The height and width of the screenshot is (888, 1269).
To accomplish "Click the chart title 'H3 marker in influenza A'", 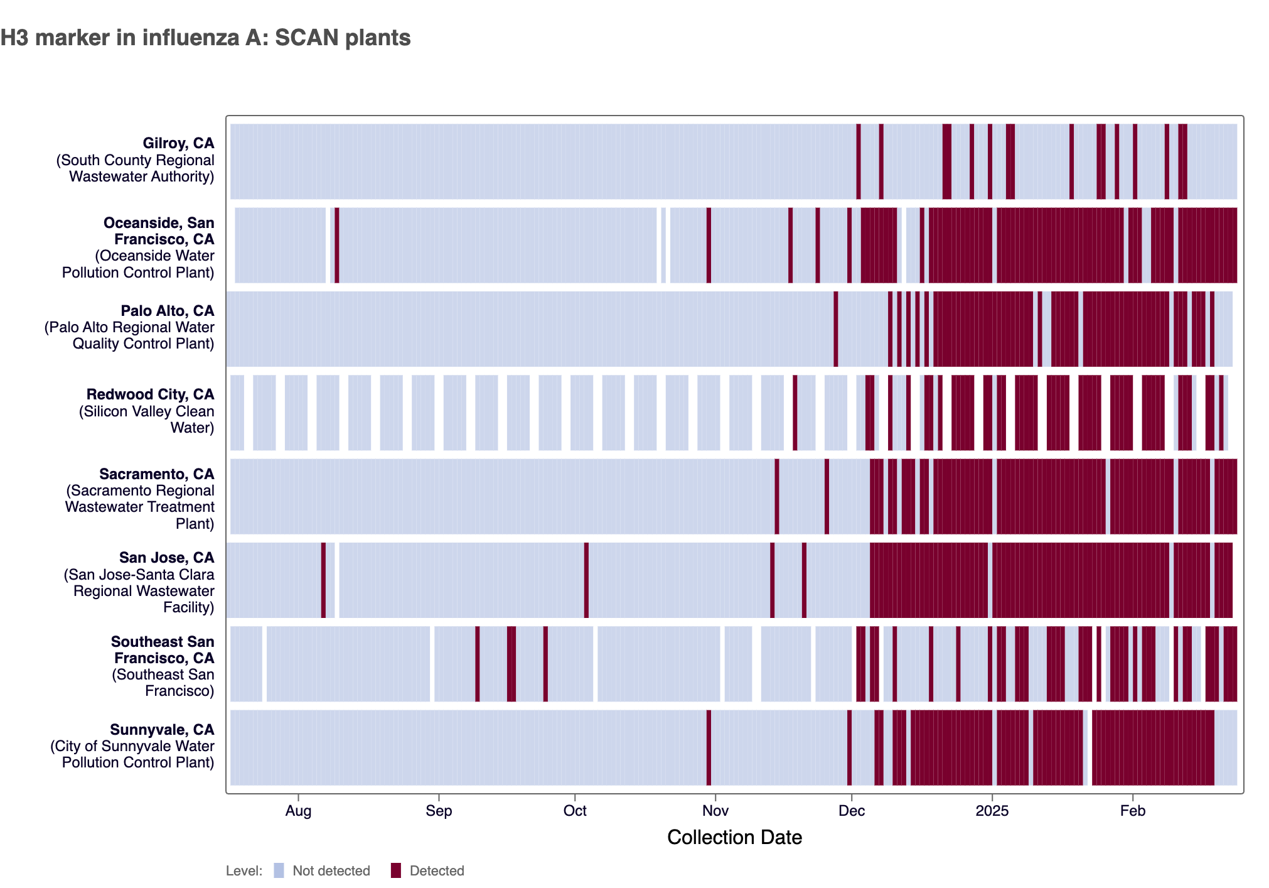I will (205, 38).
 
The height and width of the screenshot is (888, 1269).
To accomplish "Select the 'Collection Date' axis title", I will (734, 837).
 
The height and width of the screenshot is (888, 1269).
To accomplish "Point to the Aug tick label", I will (298, 811).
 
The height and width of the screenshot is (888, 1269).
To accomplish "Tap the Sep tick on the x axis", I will (439, 811).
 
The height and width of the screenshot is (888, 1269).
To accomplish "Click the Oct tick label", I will (575, 811).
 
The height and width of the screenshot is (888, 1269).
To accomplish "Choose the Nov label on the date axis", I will (715, 811).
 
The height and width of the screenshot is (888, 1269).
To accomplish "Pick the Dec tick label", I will (852, 811).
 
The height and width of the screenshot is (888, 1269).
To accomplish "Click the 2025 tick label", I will (992, 811).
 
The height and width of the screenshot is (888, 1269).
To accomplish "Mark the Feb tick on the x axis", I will (1133, 811).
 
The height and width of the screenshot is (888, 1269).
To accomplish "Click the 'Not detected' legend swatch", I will (279, 870).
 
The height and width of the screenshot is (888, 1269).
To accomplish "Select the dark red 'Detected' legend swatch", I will (396, 870).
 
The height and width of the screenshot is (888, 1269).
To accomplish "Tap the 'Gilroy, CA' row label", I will (178, 143).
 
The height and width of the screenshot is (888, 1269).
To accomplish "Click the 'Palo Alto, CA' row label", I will (168, 311).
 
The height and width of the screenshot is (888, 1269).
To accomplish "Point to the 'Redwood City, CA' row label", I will (151, 394).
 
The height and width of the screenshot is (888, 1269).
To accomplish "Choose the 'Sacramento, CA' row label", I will (157, 474).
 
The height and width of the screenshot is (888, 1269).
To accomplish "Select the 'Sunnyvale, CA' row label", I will (162, 730).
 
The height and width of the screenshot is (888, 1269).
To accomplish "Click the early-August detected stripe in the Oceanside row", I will (337, 245).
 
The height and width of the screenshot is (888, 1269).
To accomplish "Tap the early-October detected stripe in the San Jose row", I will (586, 580).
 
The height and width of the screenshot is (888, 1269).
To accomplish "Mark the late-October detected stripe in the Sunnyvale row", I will (709, 747).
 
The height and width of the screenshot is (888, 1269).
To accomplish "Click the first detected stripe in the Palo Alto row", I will (835, 329).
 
